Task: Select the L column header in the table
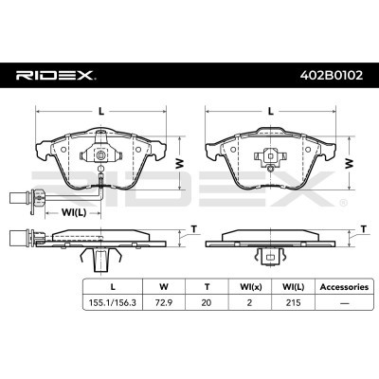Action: (x=113, y=287)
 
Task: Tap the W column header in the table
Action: (x=164, y=287)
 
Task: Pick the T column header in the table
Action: (x=207, y=287)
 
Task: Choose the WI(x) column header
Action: (x=249, y=287)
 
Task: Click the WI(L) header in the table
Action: (x=293, y=287)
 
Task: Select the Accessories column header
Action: (x=344, y=287)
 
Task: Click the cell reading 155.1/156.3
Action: (x=113, y=302)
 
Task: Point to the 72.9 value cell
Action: (x=164, y=302)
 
